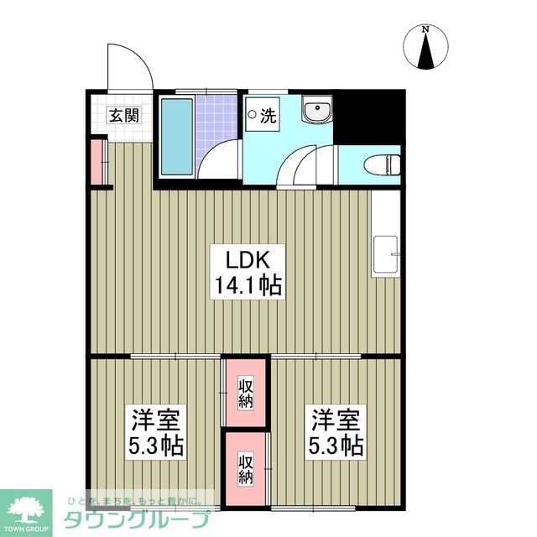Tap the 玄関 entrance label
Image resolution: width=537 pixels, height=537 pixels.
coord(123,117)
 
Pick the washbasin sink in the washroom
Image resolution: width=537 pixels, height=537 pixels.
coord(317,112)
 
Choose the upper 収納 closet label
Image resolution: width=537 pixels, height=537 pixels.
coord(245,394)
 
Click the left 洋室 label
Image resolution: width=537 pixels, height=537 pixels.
coord(156,418)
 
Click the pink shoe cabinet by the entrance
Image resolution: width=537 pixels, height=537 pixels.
coord(97,163)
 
